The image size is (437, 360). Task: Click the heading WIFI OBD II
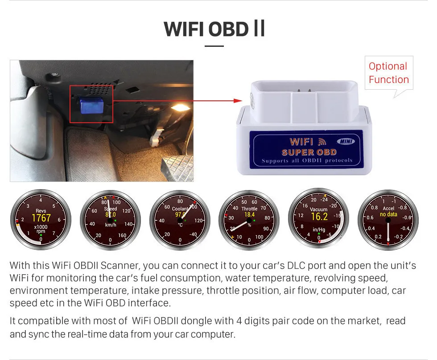point(214,29)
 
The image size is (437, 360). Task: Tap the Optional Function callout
point(388,73)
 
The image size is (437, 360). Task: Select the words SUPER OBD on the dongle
point(309,152)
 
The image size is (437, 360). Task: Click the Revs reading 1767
point(41,218)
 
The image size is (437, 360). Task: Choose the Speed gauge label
point(111,209)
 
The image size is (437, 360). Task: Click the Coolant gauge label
point(180,209)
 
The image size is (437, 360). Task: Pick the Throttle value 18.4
point(249,215)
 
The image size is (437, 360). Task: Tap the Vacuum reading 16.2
point(319,217)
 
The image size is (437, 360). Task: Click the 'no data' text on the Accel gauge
point(388,215)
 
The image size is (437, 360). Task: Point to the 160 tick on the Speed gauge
point(122,236)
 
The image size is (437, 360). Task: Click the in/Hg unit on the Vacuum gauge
point(319,230)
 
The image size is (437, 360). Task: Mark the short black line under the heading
point(214,46)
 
